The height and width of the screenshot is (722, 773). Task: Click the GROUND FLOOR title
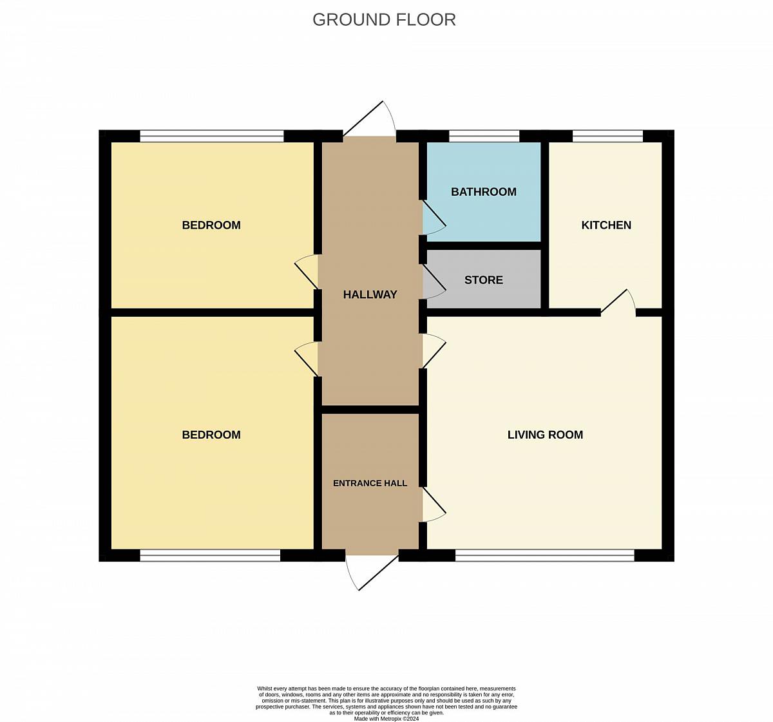tap(384, 20)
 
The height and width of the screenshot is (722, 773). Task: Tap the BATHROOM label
tap(483, 191)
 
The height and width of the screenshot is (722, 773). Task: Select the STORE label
tap(483, 280)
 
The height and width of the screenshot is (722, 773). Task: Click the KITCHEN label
tap(606, 225)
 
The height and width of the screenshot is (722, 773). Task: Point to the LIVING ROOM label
tap(545, 434)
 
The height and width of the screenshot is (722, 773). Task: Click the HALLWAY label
tap(370, 294)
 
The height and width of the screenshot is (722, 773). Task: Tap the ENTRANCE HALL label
tap(370, 483)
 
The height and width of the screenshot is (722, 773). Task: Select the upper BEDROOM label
tap(211, 225)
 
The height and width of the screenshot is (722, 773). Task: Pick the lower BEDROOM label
tap(211, 434)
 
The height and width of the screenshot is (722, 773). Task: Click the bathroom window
tap(484, 137)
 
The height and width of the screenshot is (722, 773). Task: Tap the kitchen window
tap(607, 137)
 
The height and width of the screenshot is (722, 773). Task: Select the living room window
tap(544, 555)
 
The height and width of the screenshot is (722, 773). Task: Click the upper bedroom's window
tap(212, 137)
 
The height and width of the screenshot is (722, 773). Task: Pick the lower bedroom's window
tap(210, 555)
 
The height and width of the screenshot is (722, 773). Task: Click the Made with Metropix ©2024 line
tap(386, 719)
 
